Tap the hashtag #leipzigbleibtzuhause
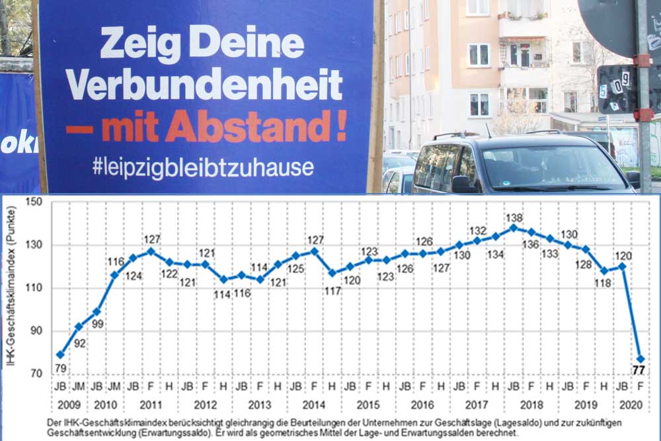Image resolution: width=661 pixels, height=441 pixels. coord(202,167)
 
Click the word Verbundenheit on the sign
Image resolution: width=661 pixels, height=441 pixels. coord(204,85)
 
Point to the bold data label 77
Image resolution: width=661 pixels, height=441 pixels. coord(639,370)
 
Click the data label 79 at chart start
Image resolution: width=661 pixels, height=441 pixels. coord(60,367)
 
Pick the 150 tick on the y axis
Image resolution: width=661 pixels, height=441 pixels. coord(32,202)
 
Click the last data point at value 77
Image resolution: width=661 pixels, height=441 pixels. coord(641,359)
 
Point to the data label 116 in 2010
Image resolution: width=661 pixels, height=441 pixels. coord(116,262)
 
